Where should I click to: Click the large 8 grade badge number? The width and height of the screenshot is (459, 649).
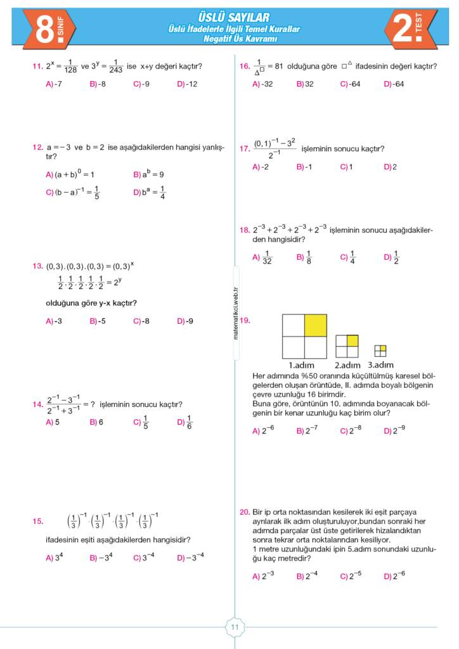(45, 30)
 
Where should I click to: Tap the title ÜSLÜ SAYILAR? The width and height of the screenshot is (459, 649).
(234, 17)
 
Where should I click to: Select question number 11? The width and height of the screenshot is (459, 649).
(37, 66)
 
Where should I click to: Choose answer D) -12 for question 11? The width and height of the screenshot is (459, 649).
(187, 84)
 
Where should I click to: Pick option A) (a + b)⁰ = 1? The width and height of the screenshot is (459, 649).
(70, 174)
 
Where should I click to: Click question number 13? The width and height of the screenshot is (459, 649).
(37, 266)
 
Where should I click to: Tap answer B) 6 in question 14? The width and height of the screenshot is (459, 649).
(96, 421)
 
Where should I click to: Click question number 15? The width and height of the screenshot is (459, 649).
(37, 522)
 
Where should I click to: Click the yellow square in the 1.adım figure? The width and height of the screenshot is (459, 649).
(315, 325)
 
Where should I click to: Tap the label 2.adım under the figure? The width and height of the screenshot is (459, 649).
(347, 365)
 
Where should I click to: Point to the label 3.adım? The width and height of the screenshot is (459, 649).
(380, 364)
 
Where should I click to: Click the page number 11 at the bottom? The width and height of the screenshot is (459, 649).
(234, 627)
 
